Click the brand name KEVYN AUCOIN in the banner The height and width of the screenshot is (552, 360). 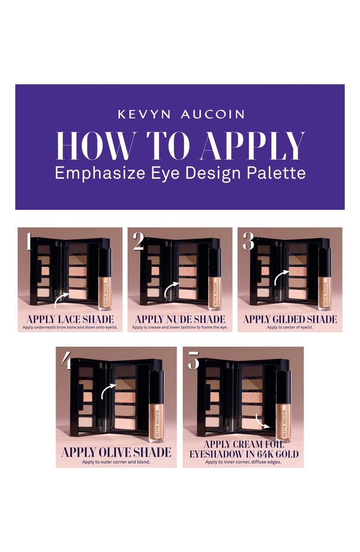coord(181,114)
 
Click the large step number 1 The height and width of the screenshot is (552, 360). coord(28,242)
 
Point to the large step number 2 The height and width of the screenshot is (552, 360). coord(138,242)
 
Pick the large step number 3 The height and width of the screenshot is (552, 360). coord(248,242)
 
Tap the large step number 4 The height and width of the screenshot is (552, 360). coord(67,361)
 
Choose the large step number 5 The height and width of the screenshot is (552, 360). coord(193,361)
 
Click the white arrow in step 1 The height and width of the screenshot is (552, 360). coord(61,300)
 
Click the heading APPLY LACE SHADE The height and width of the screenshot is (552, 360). coord(70,319)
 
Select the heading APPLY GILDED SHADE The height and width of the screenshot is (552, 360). coord(290,319)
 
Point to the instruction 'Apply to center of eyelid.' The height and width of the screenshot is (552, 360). coord(290,327)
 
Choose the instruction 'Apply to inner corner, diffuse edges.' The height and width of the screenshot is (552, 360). coord(243,462)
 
